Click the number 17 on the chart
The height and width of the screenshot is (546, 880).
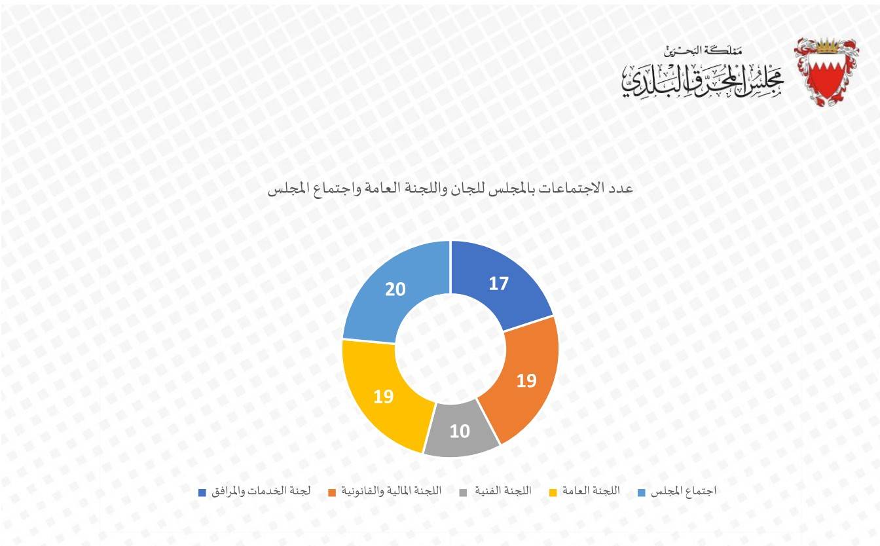tap(499, 284)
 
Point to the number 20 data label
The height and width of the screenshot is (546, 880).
tap(395, 289)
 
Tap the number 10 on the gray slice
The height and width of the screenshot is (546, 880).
tap(460, 431)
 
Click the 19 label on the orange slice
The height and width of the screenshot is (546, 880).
tap(526, 380)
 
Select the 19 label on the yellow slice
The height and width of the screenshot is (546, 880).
tap(384, 396)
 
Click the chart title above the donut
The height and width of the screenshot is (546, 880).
tap(451, 189)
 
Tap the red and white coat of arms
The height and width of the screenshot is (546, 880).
tap(826, 71)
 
